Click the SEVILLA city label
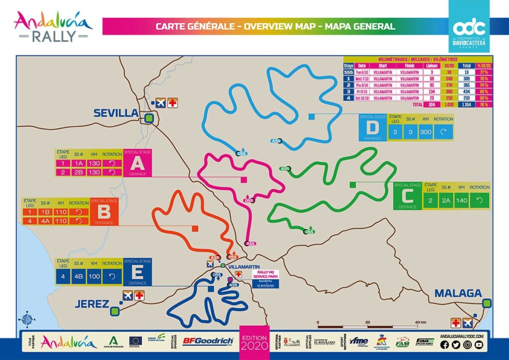click(x=115, y=113)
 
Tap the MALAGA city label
click(x=458, y=293)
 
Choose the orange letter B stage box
click(x=104, y=212)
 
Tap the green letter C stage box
click(x=407, y=196)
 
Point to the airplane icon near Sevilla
click(x=160, y=103)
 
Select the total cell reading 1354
click(x=467, y=105)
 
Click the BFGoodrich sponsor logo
click(x=208, y=341)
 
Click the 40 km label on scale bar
click(x=421, y=322)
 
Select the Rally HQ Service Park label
click(x=264, y=275)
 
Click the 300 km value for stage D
click(x=425, y=133)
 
